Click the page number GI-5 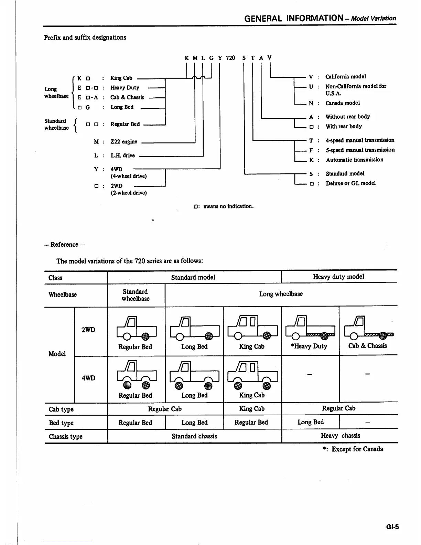click(392, 526)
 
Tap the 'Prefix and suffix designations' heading click(85, 38)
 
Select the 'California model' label click(345, 76)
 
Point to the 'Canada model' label click(343, 103)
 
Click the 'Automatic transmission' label click(354, 160)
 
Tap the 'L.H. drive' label click(122, 156)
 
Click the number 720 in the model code click(230, 58)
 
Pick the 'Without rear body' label click(347, 117)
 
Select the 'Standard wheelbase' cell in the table click(136, 295)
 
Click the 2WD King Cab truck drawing click(252, 328)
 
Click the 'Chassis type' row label click(65, 436)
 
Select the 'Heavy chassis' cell click(340, 436)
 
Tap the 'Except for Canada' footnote click(357, 449)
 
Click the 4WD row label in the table click(88, 378)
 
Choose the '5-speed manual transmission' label click(360, 150)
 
